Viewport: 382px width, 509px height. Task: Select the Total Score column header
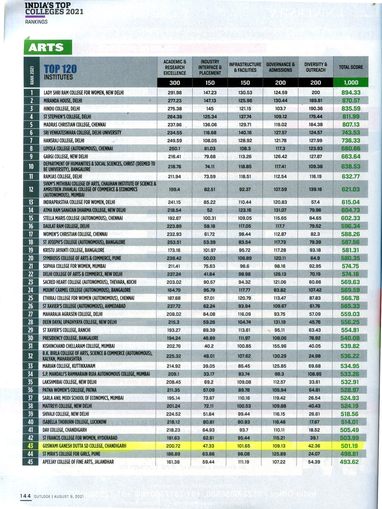point(351,67)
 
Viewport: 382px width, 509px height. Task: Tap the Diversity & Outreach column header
point(315,67)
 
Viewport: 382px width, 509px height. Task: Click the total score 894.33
point(351,92)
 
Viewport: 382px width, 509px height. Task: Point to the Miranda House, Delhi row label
point(63,101)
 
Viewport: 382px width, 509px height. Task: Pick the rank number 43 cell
point(30,446)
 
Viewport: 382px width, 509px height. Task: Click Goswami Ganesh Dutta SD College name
point(84,446)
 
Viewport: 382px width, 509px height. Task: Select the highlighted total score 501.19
point(349,446)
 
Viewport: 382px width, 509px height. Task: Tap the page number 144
point(25,496)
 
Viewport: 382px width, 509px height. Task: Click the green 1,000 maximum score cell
point(351,83)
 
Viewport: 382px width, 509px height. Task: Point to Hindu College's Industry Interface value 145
point(210,109)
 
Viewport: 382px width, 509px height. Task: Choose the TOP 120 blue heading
point(60,69)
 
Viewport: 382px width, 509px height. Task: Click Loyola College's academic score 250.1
point(174,148)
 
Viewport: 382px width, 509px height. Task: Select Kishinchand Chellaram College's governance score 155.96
point(279,346)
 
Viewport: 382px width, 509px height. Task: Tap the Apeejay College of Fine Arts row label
point(78,462)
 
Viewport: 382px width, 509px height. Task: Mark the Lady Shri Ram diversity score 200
point(315,92)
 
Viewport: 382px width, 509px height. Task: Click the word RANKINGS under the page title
point(36,22)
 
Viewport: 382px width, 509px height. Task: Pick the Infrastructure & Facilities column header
point(245,67)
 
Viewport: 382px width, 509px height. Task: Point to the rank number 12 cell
point(31,189)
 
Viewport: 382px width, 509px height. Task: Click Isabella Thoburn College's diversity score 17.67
point(314,422)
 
